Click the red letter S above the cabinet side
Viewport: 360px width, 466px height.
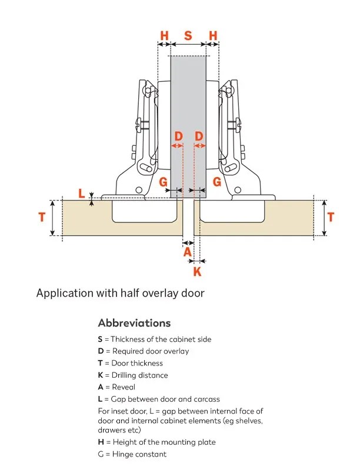click(x=188, y=35)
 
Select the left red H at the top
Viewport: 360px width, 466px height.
click(x=165, y=35)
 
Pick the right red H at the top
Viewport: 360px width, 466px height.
click(x=213, y=35)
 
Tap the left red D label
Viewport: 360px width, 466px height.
click(x=178, y=137)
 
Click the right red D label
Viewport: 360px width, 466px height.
click(x=199, y=137)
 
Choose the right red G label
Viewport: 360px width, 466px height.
click(x=216, y=182)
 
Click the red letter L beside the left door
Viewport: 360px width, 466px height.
click(x=81, y=193)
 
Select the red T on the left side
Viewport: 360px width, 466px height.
click(x=41, y=217)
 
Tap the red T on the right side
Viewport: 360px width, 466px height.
click(x=331, y=217)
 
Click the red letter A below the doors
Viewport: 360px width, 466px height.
click(x=188, y=252)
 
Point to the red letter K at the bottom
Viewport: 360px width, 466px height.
click(x=198, y=271)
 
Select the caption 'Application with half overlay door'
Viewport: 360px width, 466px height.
click(x=120, y=292)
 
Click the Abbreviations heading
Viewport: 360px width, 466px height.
click(x=134, y=323)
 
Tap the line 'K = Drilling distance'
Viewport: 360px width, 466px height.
click(x=133, y=375)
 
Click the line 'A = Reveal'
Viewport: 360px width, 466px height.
click(x=116, y=387)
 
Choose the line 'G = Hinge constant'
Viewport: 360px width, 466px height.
click(x=132, y=454)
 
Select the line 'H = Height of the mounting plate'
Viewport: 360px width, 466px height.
click(x=156, y=442)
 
